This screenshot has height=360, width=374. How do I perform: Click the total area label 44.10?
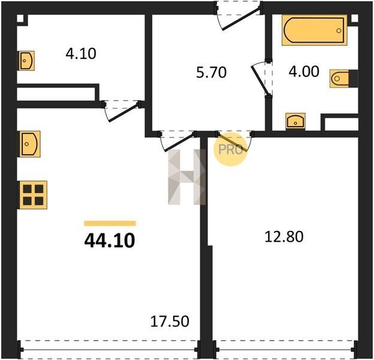pos(110,241)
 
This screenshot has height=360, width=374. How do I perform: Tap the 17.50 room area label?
pos(170,321)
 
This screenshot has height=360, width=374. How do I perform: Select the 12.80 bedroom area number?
pos(284,237)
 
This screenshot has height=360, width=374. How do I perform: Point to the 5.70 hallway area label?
pos(211,73)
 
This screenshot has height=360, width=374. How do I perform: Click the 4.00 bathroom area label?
pos(304,71)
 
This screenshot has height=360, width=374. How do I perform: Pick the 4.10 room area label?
pos(81,53)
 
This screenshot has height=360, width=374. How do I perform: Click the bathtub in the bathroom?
pos(315,31)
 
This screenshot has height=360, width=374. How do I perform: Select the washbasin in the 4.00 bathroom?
pos(295,121)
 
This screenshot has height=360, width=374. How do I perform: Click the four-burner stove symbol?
pos(33,195)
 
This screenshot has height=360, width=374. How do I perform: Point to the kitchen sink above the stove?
pos(30,144)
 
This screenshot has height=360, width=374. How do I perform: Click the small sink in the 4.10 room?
pos(26,61)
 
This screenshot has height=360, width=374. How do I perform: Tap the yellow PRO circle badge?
pos(230,149)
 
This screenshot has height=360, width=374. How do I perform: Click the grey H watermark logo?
pos(187,177)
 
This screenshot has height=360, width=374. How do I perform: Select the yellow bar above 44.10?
pos(110,223)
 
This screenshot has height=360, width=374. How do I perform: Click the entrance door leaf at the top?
pos(241,19)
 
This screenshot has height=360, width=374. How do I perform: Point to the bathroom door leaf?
pos(261,80)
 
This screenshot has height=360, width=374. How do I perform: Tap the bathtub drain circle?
pos(339,31)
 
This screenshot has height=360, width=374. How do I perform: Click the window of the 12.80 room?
pos(285,349)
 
